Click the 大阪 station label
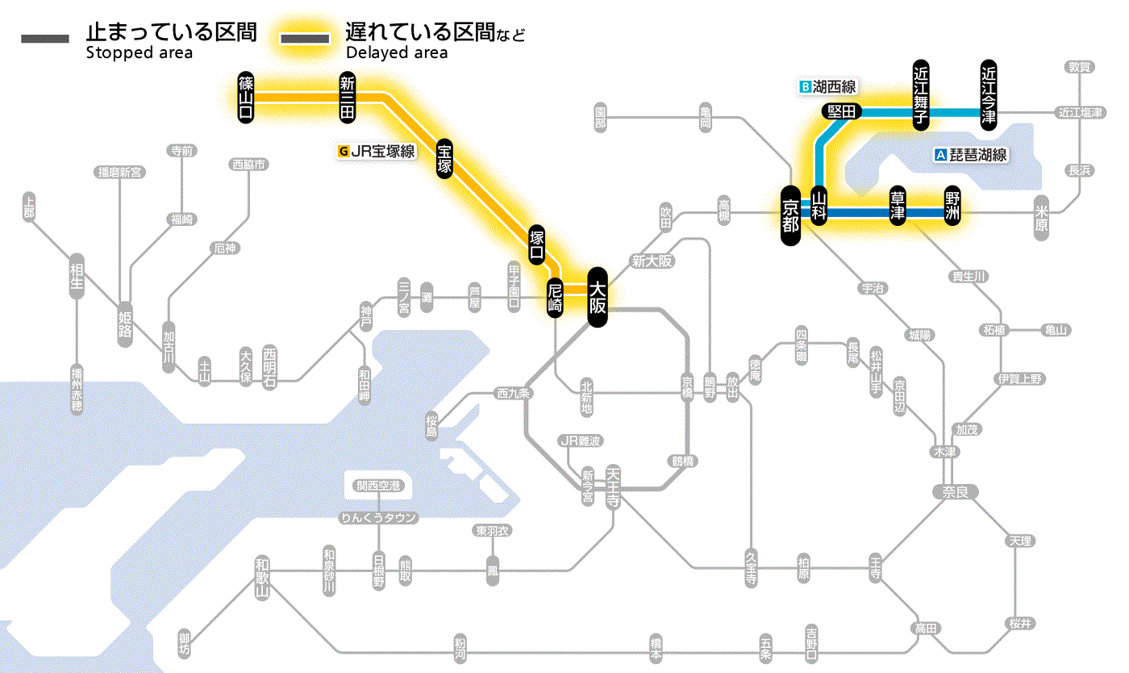[597, 297]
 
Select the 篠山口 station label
[246, 97]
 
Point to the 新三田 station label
[347, 97]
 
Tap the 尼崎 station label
[555, 298]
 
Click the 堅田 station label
[842, 111]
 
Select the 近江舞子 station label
[920, 94]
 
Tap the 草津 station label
[897, 207]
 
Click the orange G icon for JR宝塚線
[344, 150]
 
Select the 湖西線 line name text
[834, 86]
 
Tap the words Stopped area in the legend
[139, 54]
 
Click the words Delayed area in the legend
[396, 54]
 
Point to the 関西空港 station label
[378, 486]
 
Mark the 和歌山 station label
[261, 577]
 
